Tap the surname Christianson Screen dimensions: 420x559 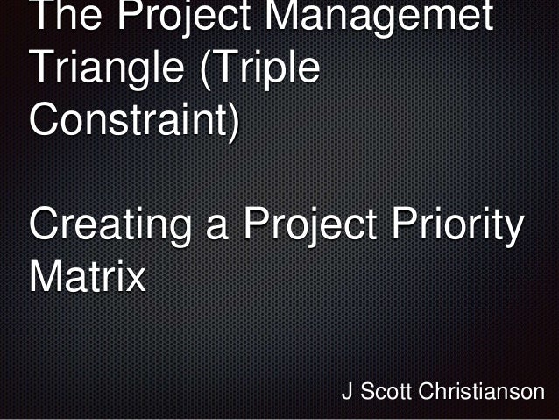click(x=482, y=392)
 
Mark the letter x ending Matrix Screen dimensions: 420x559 click(x=135, y=281)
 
